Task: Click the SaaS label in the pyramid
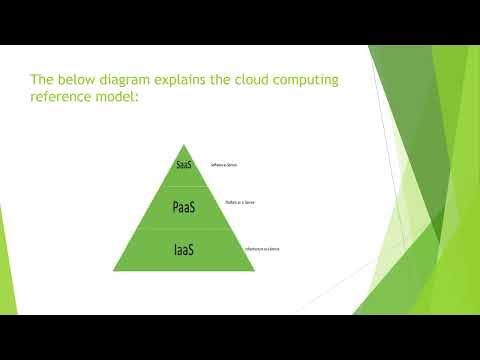pos(183,164)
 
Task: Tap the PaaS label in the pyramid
pos(182,207)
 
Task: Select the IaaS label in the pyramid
pos(182,249)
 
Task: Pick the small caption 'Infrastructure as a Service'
pos(262,248)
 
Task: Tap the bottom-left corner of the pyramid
pos(113,270)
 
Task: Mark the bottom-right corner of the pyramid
pos(253,270)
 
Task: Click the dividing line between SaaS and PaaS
pos(183,185)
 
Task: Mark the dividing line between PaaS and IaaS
pos(183,228)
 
